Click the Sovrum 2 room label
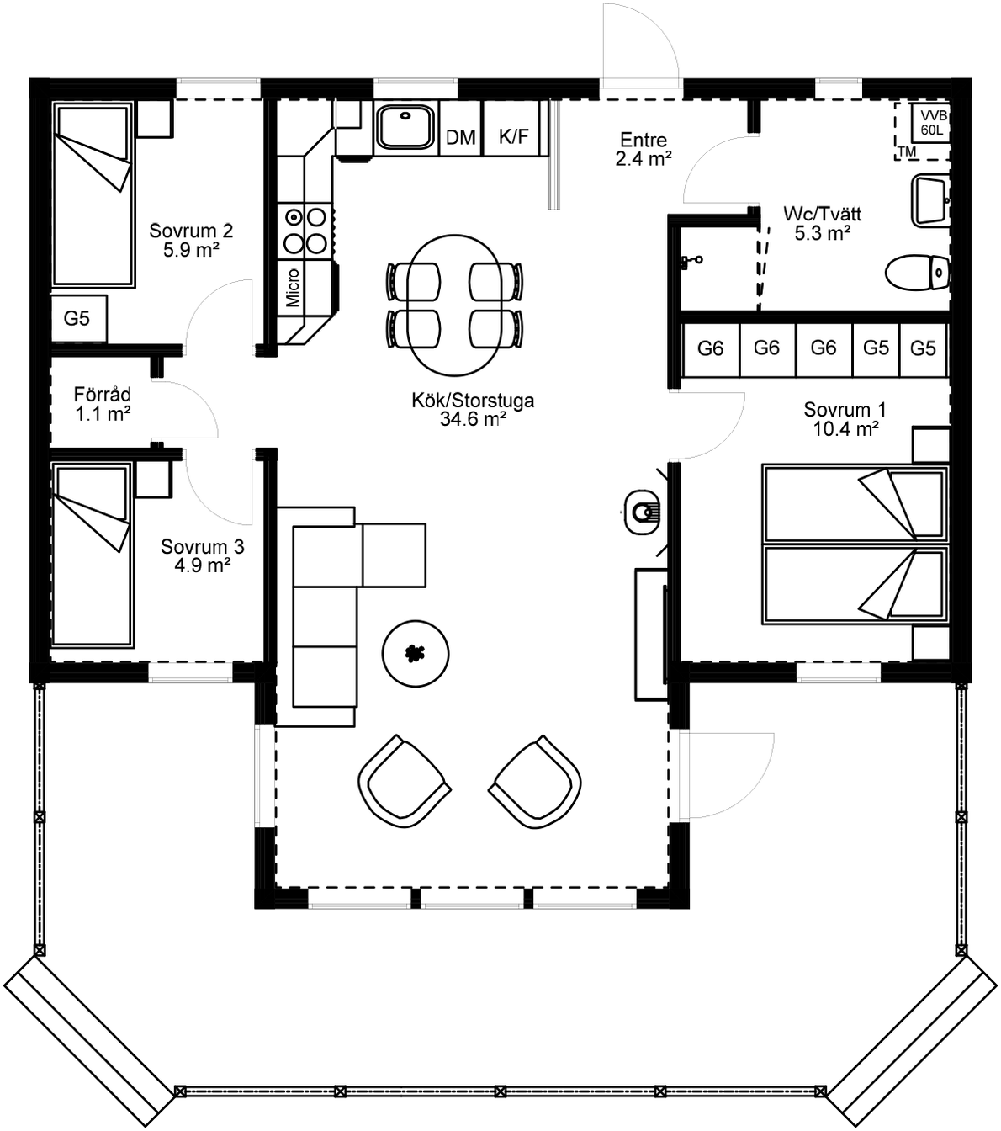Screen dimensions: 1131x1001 191,231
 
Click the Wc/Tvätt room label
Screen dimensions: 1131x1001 822,214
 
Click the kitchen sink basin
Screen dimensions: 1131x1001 405,127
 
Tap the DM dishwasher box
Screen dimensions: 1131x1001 460,137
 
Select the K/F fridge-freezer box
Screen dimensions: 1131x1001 513,136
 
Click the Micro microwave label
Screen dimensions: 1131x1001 293,288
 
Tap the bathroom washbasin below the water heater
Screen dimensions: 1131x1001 929,200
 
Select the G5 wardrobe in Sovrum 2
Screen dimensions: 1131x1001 77,318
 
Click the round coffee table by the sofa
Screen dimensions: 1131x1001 415,653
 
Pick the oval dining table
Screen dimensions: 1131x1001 454,304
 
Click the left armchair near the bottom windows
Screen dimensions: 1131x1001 404,781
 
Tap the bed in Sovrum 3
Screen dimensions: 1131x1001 92,554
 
